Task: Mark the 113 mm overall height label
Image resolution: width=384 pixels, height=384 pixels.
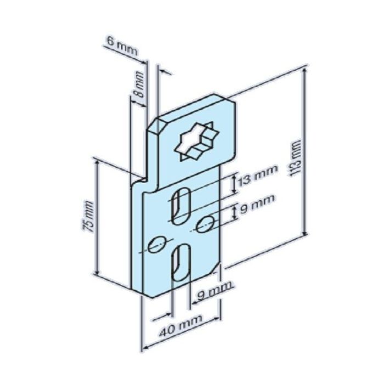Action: pos(296,159)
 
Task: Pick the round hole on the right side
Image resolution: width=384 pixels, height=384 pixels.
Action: pos(206,222)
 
